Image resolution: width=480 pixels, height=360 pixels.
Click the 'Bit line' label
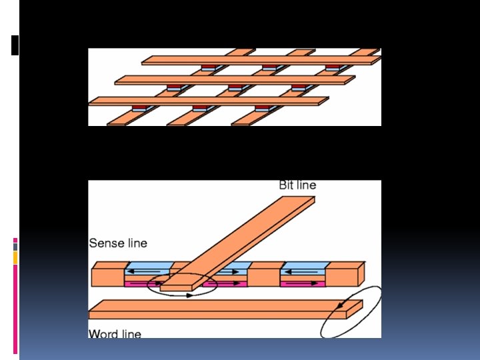(x=297, y=185)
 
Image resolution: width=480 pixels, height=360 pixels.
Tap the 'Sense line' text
(x=118, y=243)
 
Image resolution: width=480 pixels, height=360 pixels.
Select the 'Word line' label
(x=115, y=333)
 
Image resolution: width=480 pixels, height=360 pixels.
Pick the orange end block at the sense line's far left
(x=107, y=274)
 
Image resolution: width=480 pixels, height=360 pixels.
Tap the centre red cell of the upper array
(x=235, y=87)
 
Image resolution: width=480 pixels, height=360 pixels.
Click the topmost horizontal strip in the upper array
(x=260, y=60)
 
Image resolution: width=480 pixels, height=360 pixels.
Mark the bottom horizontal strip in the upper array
(x=207, y=101)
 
